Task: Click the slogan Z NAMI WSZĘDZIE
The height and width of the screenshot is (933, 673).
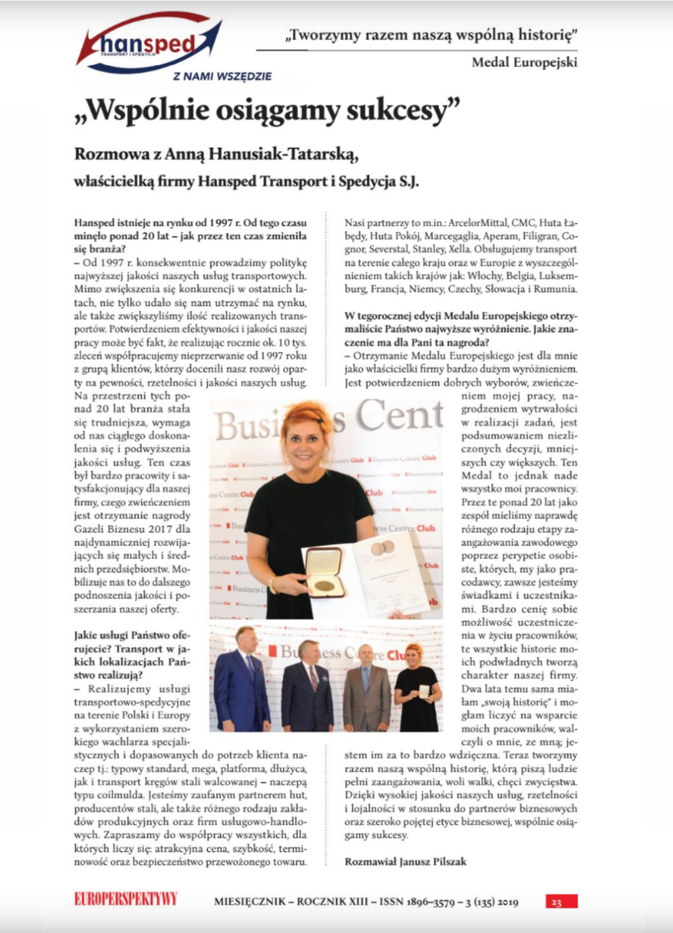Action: pyautogui.click(x=222, y=77)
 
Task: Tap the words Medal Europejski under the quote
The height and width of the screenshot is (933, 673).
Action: pyautogui.click(x=524, y=62)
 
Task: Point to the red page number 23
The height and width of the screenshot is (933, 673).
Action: pyautogui.click(x=556, y=902)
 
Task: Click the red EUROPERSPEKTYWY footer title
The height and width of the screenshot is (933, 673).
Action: pyautogui.click(x=126, y=899)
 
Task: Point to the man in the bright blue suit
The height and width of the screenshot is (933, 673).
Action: pyautogui.click(x=243, y=679)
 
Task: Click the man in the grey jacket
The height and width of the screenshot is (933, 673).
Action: pyautogui.click(x=368, y=689)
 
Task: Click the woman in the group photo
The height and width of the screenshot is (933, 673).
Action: pyautogui.click(x=416, y=686)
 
